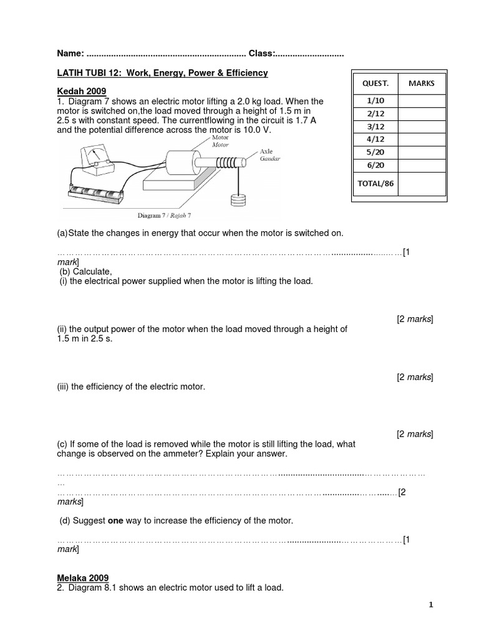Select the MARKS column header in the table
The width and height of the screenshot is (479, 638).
click(422, 83)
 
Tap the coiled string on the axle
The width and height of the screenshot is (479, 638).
click(228, 162)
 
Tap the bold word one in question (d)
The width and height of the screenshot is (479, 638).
click(116, 520)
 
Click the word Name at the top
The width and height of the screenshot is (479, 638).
click(69, 54)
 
